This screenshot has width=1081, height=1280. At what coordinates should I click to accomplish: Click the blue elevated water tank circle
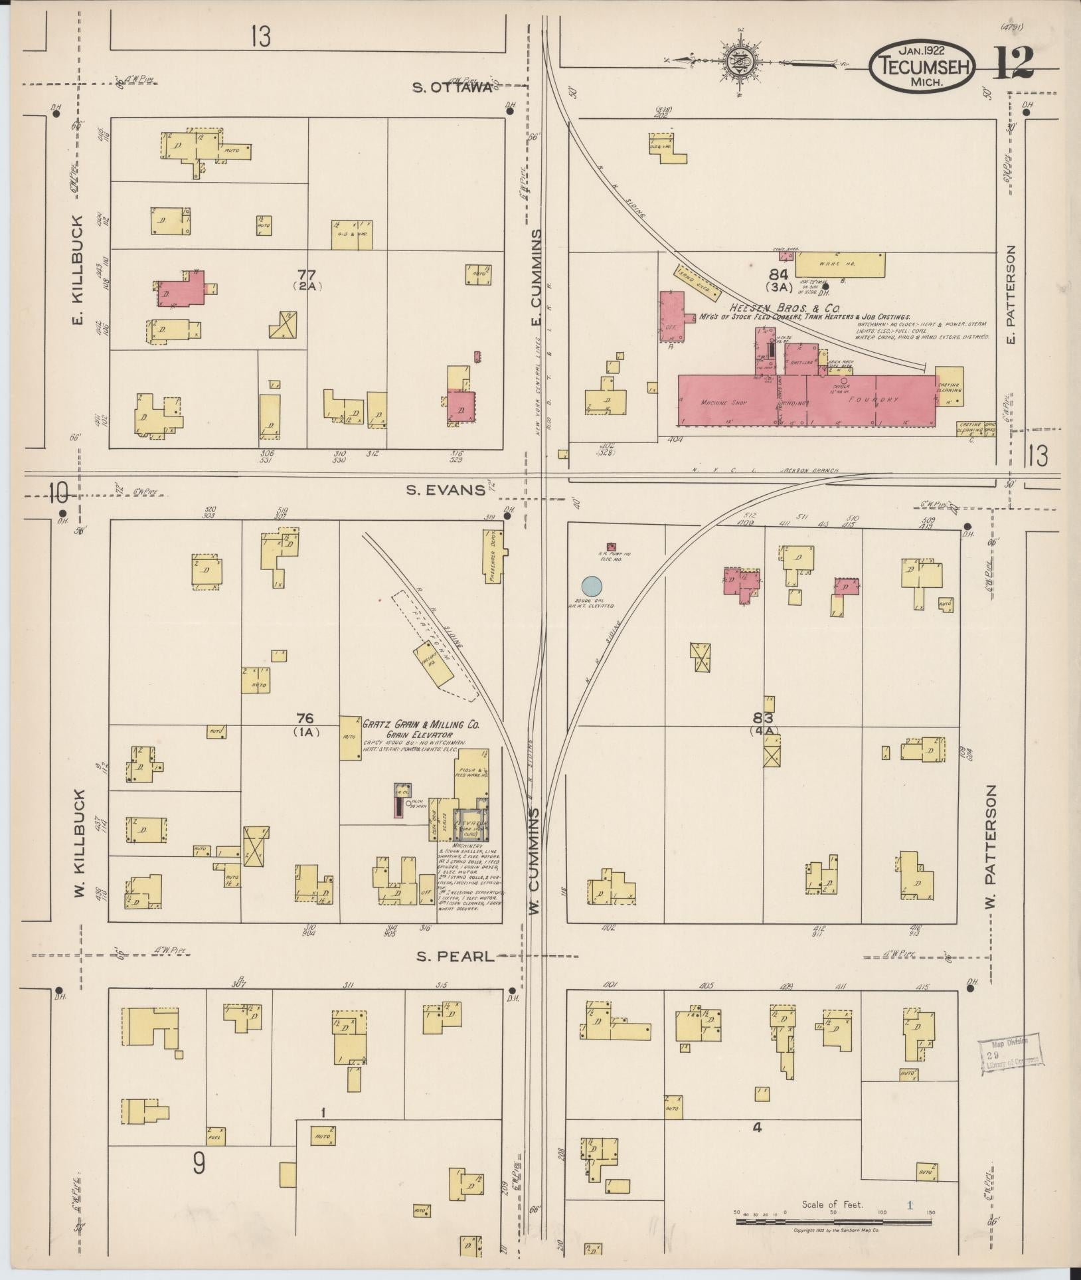point(592,587)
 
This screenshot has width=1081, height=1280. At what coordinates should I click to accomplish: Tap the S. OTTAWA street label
point(453,88)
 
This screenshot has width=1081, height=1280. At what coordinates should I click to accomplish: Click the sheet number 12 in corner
point(1014,64)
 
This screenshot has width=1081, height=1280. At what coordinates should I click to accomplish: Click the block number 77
point(306,274)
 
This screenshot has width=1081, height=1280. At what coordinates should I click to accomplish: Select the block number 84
point(778,274)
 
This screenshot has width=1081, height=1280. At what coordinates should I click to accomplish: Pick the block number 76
point(305,719)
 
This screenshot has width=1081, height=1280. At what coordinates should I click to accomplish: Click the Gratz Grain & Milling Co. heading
point(420,725)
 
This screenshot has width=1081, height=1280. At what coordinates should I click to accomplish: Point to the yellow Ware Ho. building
point(839,264)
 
